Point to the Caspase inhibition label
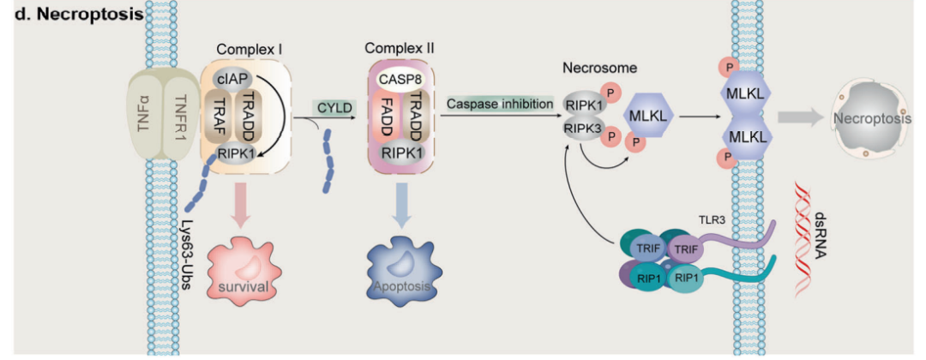(501, 103)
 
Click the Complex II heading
(400, 48)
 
